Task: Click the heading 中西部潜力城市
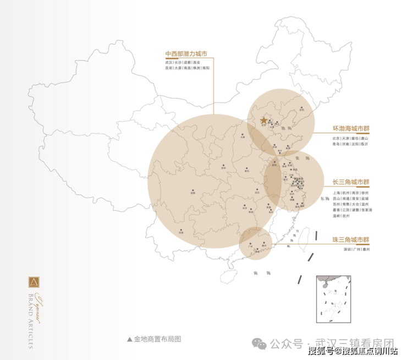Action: click(186, 54)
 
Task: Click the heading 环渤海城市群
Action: click(351, 128)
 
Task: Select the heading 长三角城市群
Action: click(351, 182)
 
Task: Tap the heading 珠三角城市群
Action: click(351, 240)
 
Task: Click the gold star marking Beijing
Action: click(263, 120)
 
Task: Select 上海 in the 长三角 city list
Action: click(337, 193)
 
